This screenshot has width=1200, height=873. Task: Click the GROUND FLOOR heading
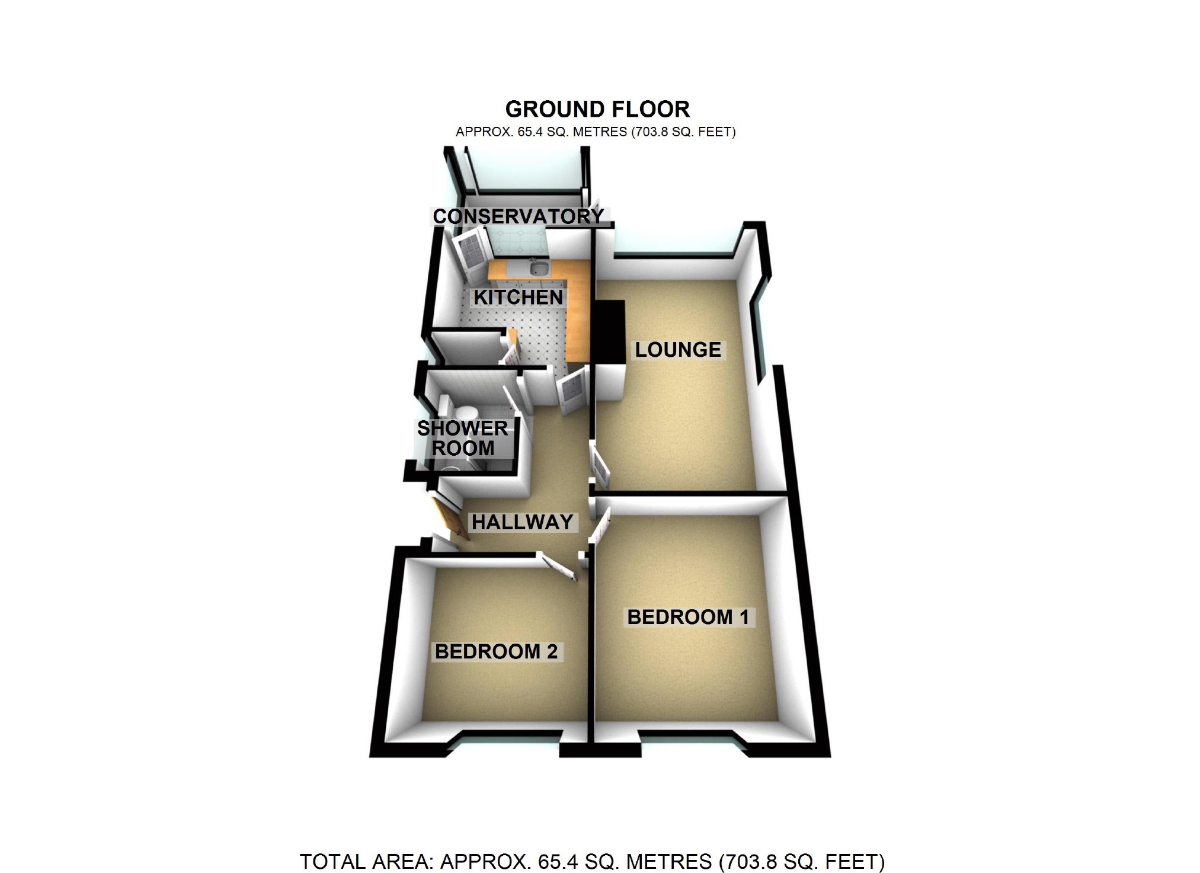(597, 109)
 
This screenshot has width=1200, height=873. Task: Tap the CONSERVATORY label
(518, 216)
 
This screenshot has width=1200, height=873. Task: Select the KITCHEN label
(518, 297)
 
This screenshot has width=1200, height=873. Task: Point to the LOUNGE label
(678, 350)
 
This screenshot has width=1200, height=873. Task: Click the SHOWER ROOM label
(462, 438)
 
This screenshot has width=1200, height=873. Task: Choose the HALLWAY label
(522, 522)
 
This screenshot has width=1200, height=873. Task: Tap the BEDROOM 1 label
(688, 617)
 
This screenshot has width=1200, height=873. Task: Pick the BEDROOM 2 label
(496, 651)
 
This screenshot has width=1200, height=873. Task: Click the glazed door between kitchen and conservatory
(471, 255)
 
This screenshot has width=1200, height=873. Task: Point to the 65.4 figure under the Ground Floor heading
(530, 132)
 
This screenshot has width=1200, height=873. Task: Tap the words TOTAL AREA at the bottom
(366, 861)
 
